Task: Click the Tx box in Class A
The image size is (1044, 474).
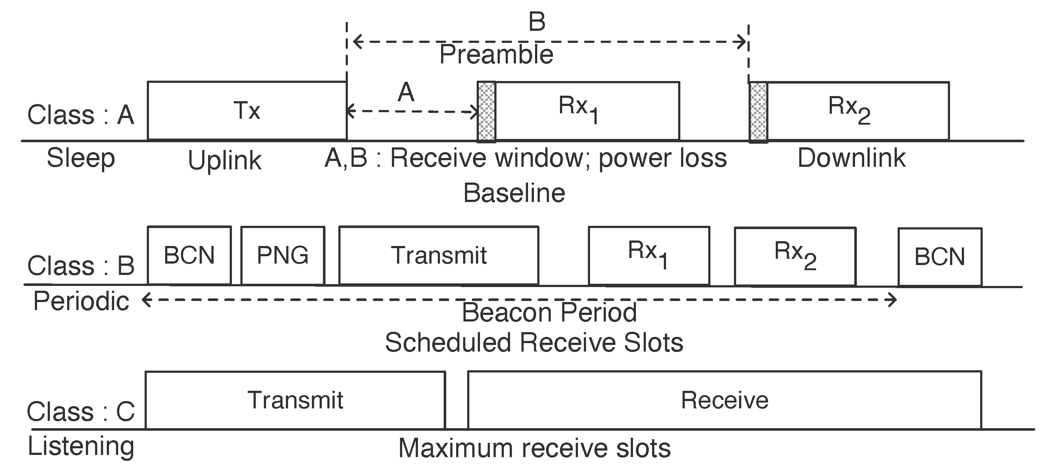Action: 247,110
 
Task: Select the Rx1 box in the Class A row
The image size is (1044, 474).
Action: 587,110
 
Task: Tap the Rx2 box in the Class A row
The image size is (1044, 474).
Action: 858,110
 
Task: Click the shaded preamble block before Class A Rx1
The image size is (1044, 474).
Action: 486,112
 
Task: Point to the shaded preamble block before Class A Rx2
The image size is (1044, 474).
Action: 758,112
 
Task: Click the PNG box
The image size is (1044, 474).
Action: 283,256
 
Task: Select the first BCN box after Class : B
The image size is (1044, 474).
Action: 189,256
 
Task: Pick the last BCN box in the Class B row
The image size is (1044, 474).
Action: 939,257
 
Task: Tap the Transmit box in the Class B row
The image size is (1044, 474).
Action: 439,256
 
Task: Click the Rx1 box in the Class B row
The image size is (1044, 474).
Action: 649,256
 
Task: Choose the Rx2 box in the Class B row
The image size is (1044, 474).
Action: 795,256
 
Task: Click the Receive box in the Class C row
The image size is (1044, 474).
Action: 724,400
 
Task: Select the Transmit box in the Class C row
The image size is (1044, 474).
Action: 295,400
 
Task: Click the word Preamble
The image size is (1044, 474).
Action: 496,55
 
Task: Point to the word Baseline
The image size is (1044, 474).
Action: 514,193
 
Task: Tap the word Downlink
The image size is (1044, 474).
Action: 851,158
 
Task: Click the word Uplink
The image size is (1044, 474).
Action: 225,161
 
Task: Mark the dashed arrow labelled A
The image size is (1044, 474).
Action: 412,111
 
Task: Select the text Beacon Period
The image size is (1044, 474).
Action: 549,312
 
